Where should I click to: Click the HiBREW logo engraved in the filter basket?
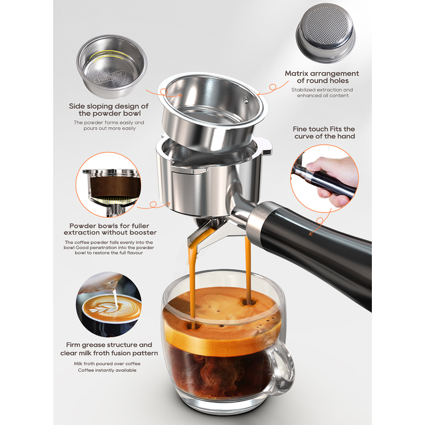[x=109, y=77]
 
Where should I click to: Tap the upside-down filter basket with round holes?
[x=325, y=33]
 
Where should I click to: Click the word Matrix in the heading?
[x=296, y=73]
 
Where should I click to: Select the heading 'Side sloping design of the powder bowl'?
[x=109, y=109]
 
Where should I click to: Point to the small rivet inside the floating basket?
[x=245, y=99]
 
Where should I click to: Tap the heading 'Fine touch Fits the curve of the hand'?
[x=324, y=132]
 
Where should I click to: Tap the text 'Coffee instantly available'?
[x=107, y=370]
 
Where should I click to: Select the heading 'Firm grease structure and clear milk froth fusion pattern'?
[x=109, y=349]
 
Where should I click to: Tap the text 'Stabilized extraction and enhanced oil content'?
[x=322, y=92]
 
